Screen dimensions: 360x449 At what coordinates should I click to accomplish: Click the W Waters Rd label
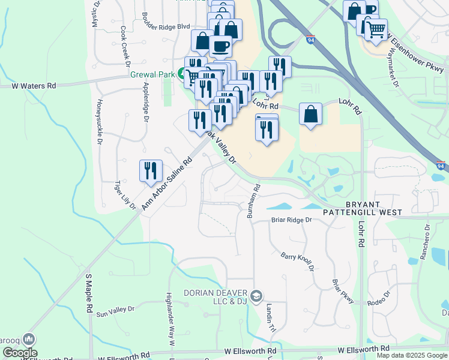34,86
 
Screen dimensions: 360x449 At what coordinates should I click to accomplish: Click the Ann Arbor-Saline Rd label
166,184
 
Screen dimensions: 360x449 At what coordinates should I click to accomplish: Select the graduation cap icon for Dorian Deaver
256,296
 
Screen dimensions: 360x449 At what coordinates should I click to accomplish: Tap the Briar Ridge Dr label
292,220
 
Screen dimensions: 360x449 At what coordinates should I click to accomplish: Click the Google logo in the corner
19,353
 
